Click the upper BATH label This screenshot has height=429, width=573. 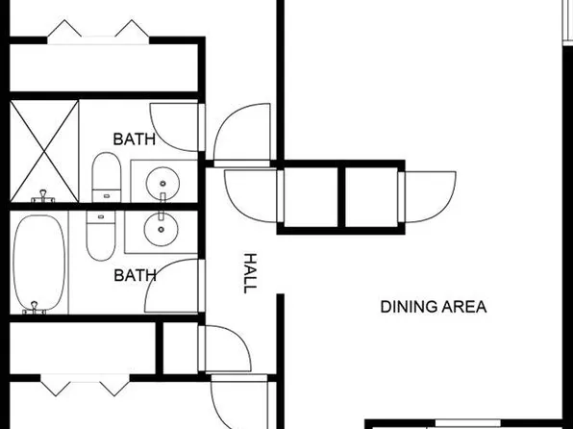pos(135,139)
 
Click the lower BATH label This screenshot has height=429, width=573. pos(135,275)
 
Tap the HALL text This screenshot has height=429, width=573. pos(251,273)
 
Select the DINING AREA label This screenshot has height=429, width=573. pos(434,307)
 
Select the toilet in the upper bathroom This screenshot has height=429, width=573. pos(105,179)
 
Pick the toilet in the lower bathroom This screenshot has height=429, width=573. pos(100,235)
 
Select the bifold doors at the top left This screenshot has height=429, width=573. pos(96,33)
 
